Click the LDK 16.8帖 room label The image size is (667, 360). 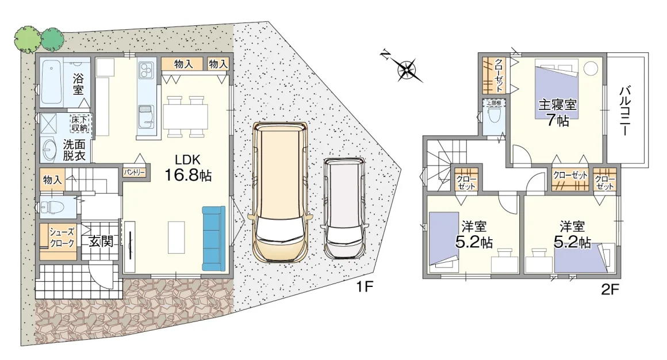pyautogui.click(x=188, y=168)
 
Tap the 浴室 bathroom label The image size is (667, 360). pyautogui.click(x=78, y=84)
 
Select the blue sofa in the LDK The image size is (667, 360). pyautogui.click(x=213, y=238)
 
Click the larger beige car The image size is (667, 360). pyautogui.click(x=279, y=192)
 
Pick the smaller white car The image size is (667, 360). pyautogui.click(x=344, y=208)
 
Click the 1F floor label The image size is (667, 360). pyautogui.click(x=365, y=287)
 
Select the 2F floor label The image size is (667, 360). pyautogui.click(x=610, y=290)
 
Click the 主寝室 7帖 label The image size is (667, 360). pyautogui.click(x=557, y=113)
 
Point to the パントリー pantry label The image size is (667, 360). pyautogui.click(x=135, y=173)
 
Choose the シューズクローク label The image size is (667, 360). pyautogui.click(x=62, y=238)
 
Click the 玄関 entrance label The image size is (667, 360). pyautogui.click(x=101, y=242)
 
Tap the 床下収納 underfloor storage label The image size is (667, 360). pyautogui.click(x=79, y=123)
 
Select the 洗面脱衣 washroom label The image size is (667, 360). pyautogui.click(x=74, y=150)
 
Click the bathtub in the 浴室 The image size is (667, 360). pyautogui.click(x=52, y=83)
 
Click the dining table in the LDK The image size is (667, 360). pyautogui.click(x=185, y=116)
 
